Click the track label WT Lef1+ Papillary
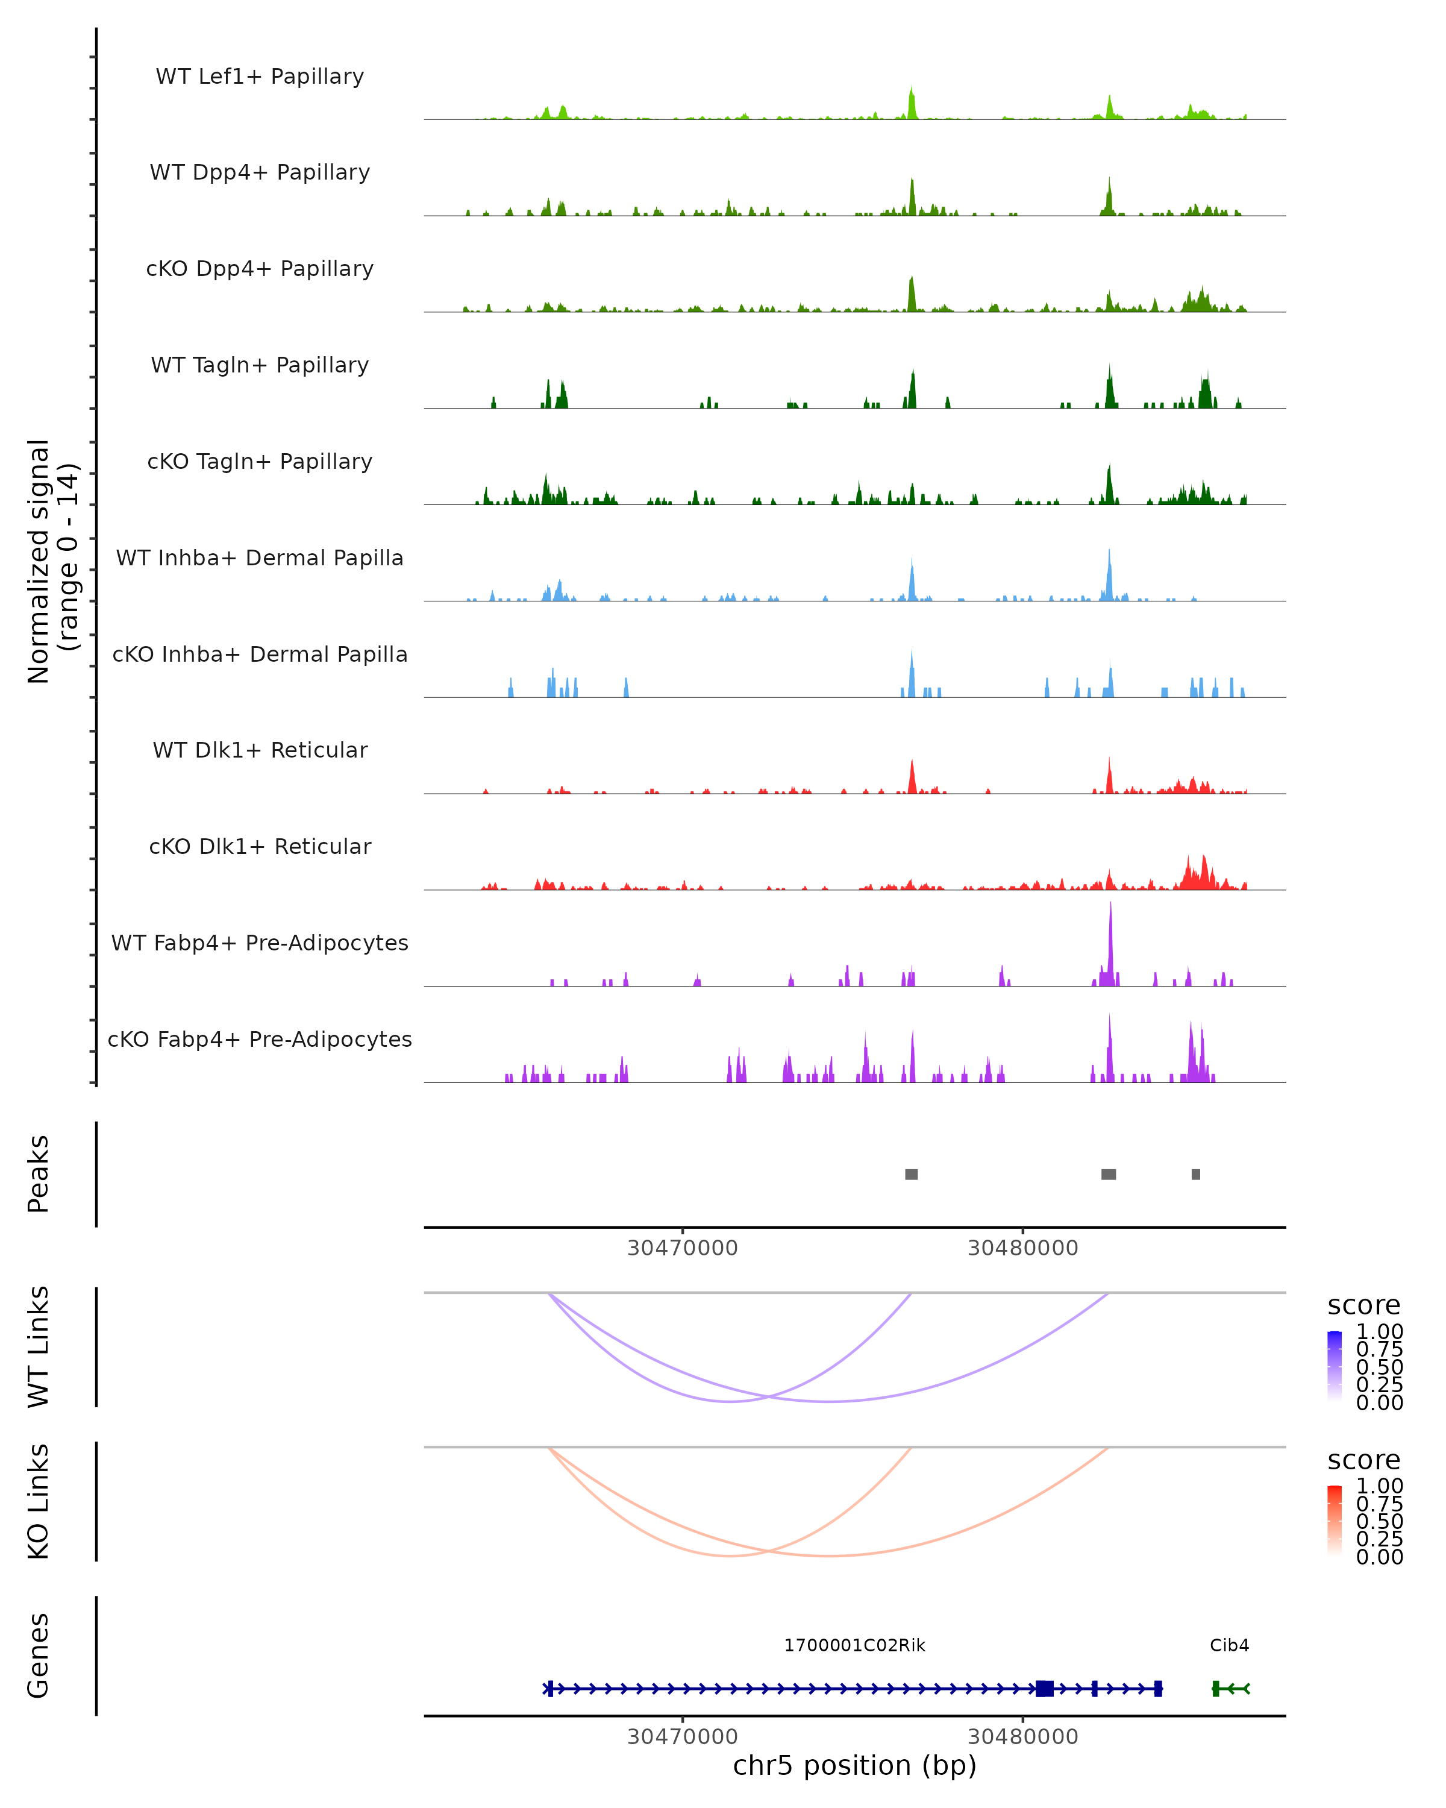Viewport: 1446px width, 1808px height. pos(260,77)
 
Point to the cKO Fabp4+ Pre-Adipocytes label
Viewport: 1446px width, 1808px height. pos(260,1039)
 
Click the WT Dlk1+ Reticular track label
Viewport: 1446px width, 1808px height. pos(260,750)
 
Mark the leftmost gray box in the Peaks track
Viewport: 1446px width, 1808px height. pos(911,1174)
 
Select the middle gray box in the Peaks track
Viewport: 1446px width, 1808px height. pos(1108,1174)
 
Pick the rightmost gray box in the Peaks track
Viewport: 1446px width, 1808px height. pos(1195,1174)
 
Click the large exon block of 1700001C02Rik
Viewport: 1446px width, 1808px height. pos(1045,1689)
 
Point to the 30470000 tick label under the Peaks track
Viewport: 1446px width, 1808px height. pos(683,1248)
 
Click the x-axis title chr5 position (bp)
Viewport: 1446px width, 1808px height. pos(854,1765)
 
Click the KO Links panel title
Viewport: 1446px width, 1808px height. pos(39,1501)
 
